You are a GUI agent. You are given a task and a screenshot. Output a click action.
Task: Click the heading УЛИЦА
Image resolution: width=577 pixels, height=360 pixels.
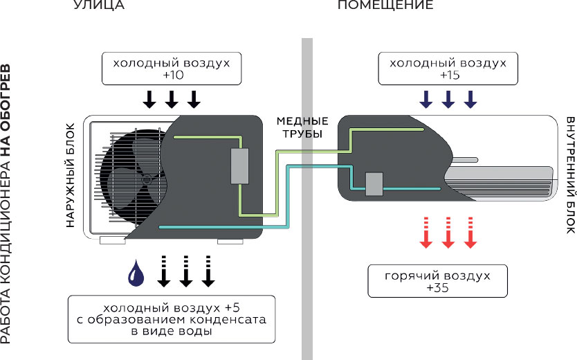point(98,6)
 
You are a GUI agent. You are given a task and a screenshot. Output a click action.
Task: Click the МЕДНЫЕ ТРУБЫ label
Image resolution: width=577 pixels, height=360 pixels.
point(302,127)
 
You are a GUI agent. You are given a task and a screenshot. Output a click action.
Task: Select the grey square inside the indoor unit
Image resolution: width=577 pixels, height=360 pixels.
point(374,183)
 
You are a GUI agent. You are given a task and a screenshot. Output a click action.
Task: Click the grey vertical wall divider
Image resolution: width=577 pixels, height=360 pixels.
point(307,201)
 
